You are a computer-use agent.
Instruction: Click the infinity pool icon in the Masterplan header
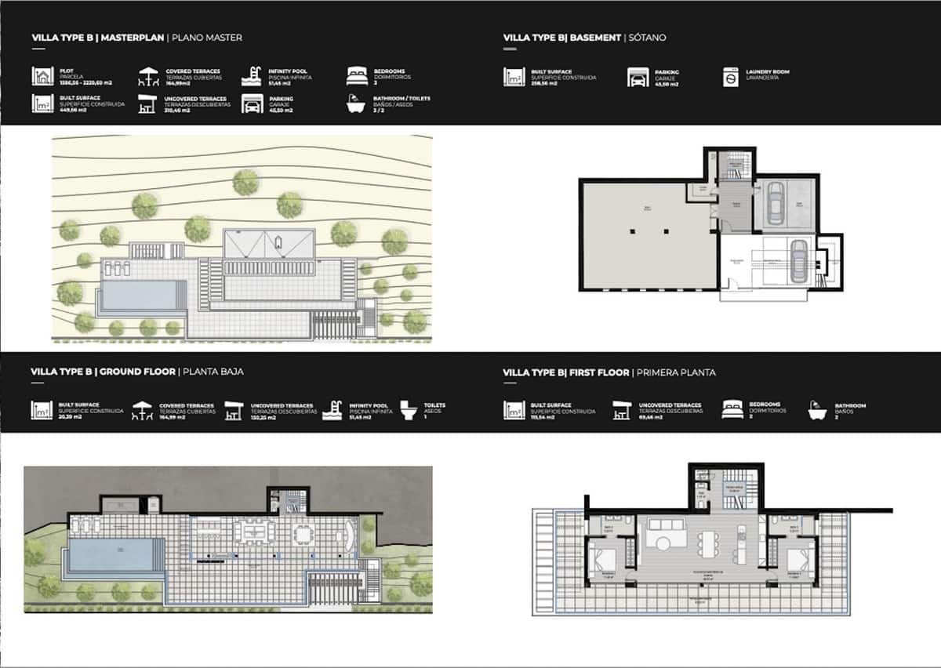click(252, 76)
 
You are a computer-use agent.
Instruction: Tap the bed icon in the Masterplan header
click(357, 76)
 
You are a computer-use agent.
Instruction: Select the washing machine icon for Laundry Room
click(731, 76)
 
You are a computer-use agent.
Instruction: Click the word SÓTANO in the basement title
click(648, 37)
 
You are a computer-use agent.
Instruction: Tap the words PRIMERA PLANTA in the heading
click(676, 372)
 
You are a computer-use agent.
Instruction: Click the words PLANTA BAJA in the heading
click(212, 372)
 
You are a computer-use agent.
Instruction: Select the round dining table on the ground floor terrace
click(303, 533)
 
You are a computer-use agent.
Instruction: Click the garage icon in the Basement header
click(637, 77)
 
